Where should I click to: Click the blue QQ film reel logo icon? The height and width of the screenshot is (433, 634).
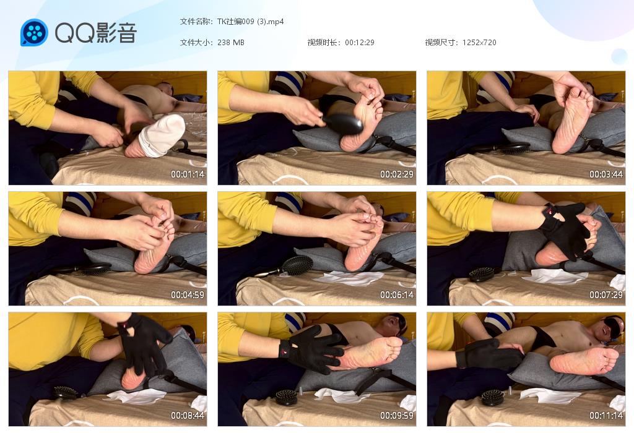[34, 32]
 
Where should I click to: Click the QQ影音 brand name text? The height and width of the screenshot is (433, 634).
[96, 33]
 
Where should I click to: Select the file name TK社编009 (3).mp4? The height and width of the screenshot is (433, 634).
[250, 22]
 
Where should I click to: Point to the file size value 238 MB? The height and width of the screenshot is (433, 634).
[230, 43]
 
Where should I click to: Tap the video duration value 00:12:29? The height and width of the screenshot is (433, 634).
[360, 43]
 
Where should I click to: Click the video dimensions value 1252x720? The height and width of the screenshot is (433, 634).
[479, 43]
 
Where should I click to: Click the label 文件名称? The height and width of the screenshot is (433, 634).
[196, 22]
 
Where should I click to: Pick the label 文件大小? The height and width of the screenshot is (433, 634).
[196, 43]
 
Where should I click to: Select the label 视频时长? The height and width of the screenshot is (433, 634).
[323, 43]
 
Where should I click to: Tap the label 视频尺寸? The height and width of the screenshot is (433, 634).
[441, 43]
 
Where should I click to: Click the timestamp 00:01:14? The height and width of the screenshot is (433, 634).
[188, 174]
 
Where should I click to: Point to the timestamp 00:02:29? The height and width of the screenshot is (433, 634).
[397, 174]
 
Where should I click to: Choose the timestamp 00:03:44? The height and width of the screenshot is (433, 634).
[606, 174]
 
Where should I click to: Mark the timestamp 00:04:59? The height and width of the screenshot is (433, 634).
[188, 295]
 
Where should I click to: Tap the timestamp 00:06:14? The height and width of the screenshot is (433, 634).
[397, 295]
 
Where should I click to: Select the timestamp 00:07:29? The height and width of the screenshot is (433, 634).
[606, 295]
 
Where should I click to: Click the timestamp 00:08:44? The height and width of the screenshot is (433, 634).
[188, 415]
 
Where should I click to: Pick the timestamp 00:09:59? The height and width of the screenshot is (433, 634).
[397, 415]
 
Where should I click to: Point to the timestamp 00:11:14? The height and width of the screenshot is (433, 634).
[606, 415]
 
